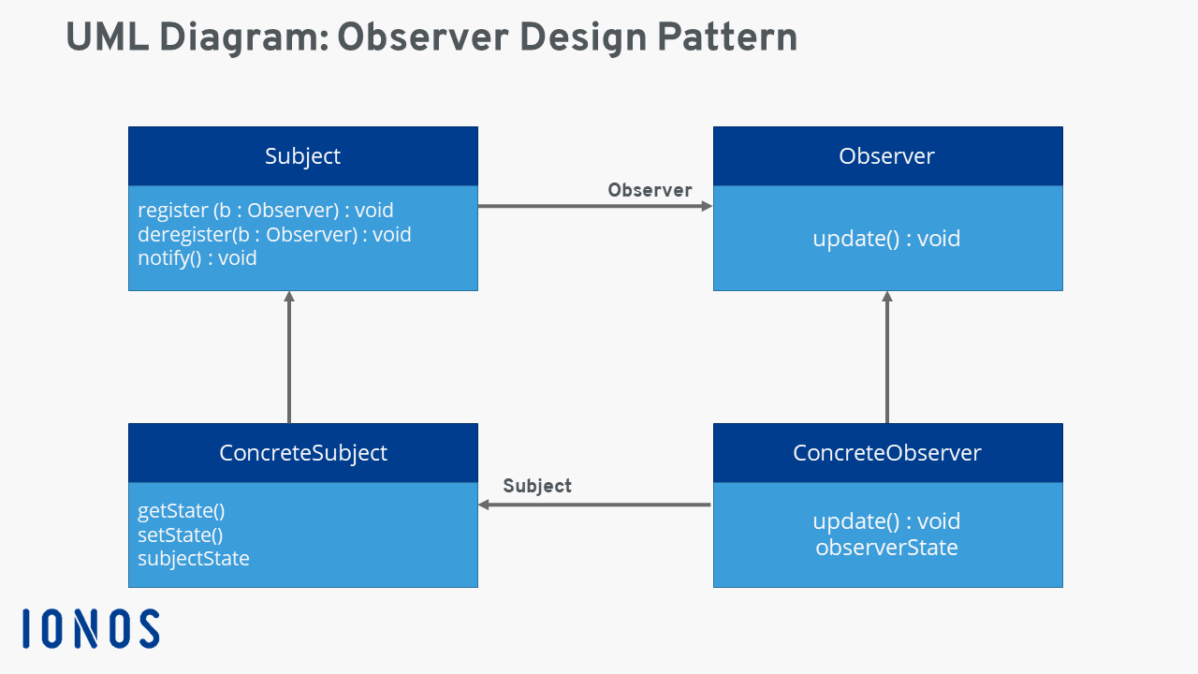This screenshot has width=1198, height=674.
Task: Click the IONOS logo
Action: pos(91,628)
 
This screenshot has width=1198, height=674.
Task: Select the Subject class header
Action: pos(302,156)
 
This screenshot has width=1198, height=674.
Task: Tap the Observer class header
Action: pos(886,156)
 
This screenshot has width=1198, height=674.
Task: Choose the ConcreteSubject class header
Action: pos(302,453)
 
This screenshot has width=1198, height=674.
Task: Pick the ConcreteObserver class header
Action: pos(886,453)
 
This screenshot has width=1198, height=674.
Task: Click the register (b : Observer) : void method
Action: pos(266,210)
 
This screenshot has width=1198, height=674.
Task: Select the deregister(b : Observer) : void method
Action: pos(274,234)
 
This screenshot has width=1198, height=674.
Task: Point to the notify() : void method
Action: pos(197,257)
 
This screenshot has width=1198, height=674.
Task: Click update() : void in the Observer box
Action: pos(886,239)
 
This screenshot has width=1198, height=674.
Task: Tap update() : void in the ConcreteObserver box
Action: pos(886,521)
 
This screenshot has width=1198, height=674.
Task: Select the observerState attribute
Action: pos(886,548)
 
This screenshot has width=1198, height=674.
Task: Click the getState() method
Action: pos(182,511)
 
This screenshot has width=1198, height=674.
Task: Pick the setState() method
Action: pos(181,535)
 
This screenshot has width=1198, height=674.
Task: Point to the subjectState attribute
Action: pos(194,559)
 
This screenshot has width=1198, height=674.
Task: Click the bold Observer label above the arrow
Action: pos(650,191)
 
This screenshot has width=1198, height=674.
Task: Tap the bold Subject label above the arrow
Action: pos(537,486)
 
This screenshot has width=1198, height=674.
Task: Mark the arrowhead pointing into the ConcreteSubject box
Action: pos(485,505)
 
